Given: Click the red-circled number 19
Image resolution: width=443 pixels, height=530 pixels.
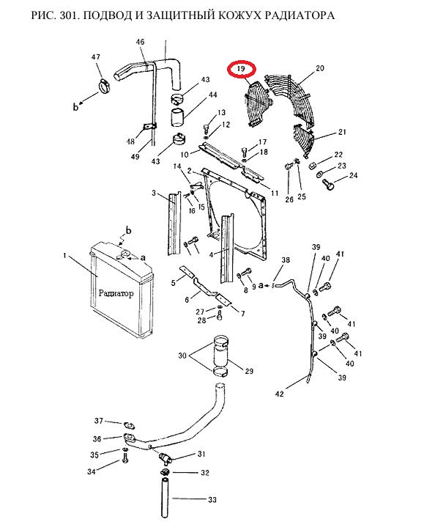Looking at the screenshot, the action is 241,70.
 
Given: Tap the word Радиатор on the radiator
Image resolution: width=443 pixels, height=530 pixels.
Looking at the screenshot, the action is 116,293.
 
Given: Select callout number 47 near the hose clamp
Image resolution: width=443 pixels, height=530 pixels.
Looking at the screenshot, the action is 96,56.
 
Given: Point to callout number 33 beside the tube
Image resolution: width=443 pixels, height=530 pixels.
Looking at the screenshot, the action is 212,499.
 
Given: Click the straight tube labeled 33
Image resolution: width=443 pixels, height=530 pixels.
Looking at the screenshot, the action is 165,498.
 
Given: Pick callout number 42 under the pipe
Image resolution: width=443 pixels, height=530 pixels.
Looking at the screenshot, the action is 280,394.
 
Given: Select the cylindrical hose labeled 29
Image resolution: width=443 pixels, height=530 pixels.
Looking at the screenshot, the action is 221,354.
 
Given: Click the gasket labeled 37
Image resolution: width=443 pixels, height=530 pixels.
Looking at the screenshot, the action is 130,425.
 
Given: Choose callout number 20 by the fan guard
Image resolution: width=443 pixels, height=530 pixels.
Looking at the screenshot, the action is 320,68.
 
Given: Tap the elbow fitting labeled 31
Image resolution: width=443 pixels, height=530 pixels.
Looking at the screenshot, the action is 165,458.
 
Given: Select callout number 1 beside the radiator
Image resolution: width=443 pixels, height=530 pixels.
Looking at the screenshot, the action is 64,255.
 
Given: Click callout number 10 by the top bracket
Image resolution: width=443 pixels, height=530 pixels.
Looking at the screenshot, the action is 185,155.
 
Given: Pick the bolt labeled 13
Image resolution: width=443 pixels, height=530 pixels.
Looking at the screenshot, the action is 206,129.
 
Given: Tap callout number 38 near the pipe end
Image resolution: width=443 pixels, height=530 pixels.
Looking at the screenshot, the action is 286,260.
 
